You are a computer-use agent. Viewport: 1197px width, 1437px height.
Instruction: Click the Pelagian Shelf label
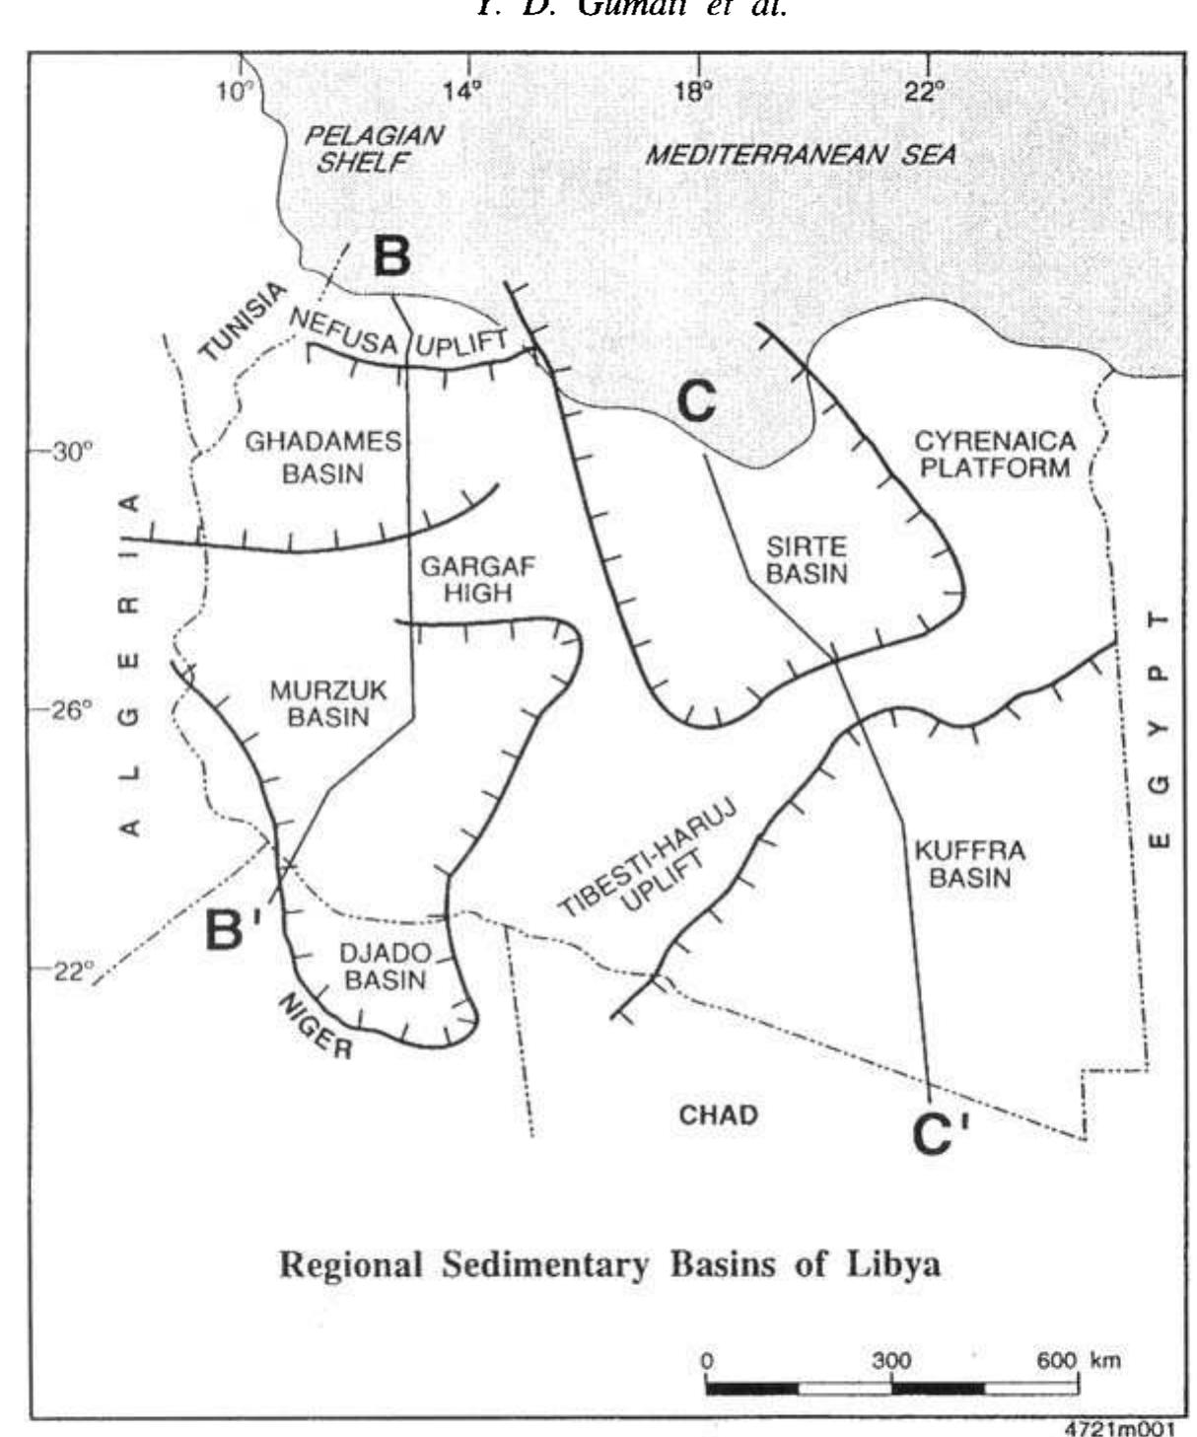point(373,149)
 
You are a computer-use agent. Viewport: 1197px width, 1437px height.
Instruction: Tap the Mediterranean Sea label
point(800,155)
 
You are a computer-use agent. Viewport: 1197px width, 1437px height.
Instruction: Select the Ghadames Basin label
point(323,457)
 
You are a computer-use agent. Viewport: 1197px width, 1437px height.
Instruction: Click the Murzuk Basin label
point(328,703)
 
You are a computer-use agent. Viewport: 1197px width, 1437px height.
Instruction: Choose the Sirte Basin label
point(806,559)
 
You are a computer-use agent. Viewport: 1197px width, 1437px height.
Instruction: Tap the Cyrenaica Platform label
point(995,454)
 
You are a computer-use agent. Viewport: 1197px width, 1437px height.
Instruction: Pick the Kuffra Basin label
point(969,864)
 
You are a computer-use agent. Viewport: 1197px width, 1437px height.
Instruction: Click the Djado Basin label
point(385,967)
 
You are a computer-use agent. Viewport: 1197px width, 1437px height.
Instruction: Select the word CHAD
point(719,1115)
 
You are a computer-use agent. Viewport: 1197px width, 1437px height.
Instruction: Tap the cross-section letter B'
point(233,928)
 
